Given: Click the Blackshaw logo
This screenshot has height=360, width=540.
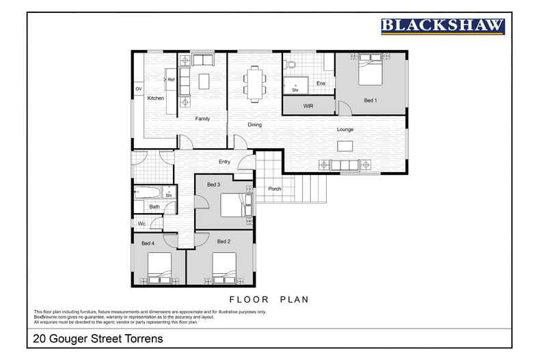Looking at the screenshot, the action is click(442, 27).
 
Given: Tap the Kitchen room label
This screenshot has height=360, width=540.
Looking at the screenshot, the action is click(156, 98).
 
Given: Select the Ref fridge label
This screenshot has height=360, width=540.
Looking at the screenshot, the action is click(171, 79).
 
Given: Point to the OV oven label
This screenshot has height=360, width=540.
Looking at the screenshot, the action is click(139, 89).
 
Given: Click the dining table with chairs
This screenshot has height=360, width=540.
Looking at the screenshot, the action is click(254, 84).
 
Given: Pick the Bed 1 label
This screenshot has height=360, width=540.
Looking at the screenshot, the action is click(370, 100).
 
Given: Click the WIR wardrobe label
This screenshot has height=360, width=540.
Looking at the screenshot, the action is click(308, 106).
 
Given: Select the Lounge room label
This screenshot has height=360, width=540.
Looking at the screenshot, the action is click(345, 129).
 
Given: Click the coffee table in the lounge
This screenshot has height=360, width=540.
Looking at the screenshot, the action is click(345, 146).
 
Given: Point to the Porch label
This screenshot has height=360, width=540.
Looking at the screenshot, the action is click(275, 189).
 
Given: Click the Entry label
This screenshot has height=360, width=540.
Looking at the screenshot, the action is click(224, 161).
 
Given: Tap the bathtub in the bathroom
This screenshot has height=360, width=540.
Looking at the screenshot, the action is click(147, 193).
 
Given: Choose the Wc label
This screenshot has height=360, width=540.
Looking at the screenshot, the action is click(141, 223).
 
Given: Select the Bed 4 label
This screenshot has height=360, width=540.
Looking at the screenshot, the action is click(148, 243).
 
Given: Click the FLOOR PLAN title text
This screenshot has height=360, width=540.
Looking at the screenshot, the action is click(269, 299).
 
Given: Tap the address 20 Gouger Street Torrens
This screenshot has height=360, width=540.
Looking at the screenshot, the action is click(98, 339).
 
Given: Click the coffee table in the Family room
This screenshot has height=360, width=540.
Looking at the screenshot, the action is click(204, 81).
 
